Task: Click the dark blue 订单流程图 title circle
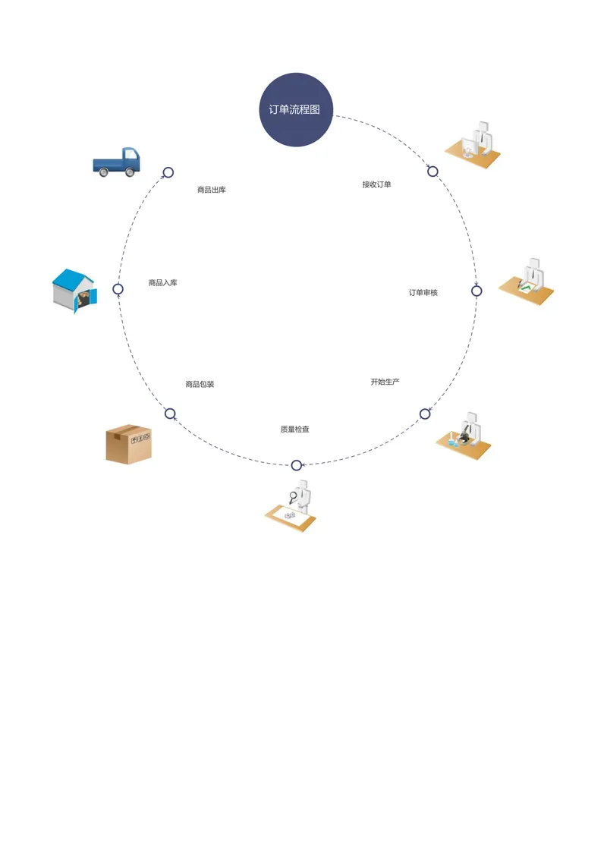point(296,109)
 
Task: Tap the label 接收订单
point(376,184)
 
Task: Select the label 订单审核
point(423,293)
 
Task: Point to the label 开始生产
point(385,382)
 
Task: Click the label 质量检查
point(294,429)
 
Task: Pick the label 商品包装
point(200,384)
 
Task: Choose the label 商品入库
point(162,283)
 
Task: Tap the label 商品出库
point(212,190)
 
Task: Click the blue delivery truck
point(117,162)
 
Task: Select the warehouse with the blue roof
point(74,291)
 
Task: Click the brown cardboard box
point(129,444)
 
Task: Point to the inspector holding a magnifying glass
point(291,506)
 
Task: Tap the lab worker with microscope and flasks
point(464,436)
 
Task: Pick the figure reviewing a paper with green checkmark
point(527,282)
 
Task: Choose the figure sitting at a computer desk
point(473,145)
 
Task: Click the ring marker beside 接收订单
point(432,171)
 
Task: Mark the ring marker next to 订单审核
point(476,291)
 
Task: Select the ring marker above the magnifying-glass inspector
point(297,465)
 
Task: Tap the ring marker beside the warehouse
point(118,289)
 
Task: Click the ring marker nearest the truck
point(168,172)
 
